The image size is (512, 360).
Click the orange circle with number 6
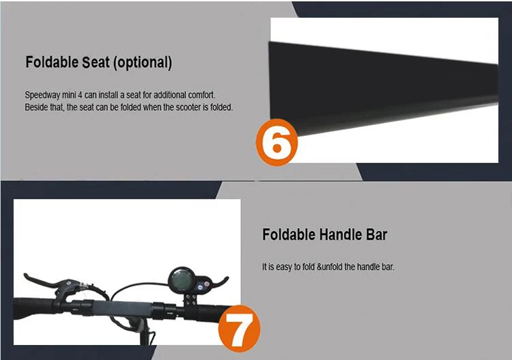point(277,143)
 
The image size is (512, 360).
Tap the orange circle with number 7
point(240,329)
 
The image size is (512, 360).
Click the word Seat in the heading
point(96,62)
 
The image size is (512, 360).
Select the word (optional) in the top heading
point(143,63)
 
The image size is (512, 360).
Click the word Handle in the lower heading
point(341,234)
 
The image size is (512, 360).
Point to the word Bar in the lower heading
point(376,234)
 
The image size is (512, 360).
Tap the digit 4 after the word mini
point(80,95)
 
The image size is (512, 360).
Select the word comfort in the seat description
point(201,95)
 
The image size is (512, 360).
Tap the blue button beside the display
point(200,287)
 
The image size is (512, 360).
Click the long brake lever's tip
point(25,275)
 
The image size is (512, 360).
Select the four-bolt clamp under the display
point(191,300)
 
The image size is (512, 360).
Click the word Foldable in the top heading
point(52,62)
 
